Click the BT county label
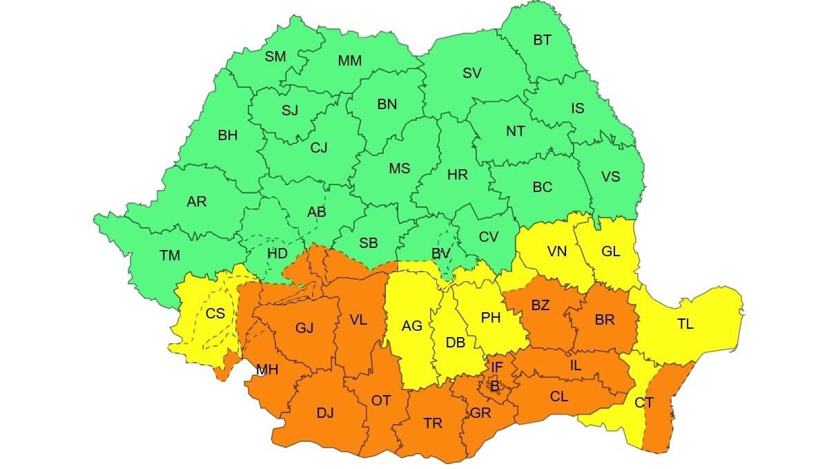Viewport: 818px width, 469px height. click(x=542, y=40)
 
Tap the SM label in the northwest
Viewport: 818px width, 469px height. click(x=275, y=57)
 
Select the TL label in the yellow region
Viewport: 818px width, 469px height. click(x=685, y=324)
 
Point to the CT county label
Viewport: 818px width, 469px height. click(x=643, y=403)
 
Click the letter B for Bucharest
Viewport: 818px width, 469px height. click(x=494, y=386)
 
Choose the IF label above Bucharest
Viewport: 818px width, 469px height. click(x=497, y=367)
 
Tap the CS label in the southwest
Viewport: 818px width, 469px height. click(x=215, y=314)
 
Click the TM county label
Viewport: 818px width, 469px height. click(x=170, y=256)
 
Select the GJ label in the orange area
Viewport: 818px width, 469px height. click(x=304, y=328)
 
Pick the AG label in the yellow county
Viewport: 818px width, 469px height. click(x=412, y=325)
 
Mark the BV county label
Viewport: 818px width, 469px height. click(x=440, y=254)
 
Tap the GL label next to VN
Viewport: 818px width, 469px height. click(x=610, y=251)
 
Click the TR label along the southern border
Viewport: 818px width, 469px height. click(x=433, y=423)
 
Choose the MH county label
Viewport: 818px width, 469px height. click(x=267, y=370)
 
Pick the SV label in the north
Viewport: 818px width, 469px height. click(x=472, y=73)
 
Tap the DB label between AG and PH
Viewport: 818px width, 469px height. click(x=456, y=342)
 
